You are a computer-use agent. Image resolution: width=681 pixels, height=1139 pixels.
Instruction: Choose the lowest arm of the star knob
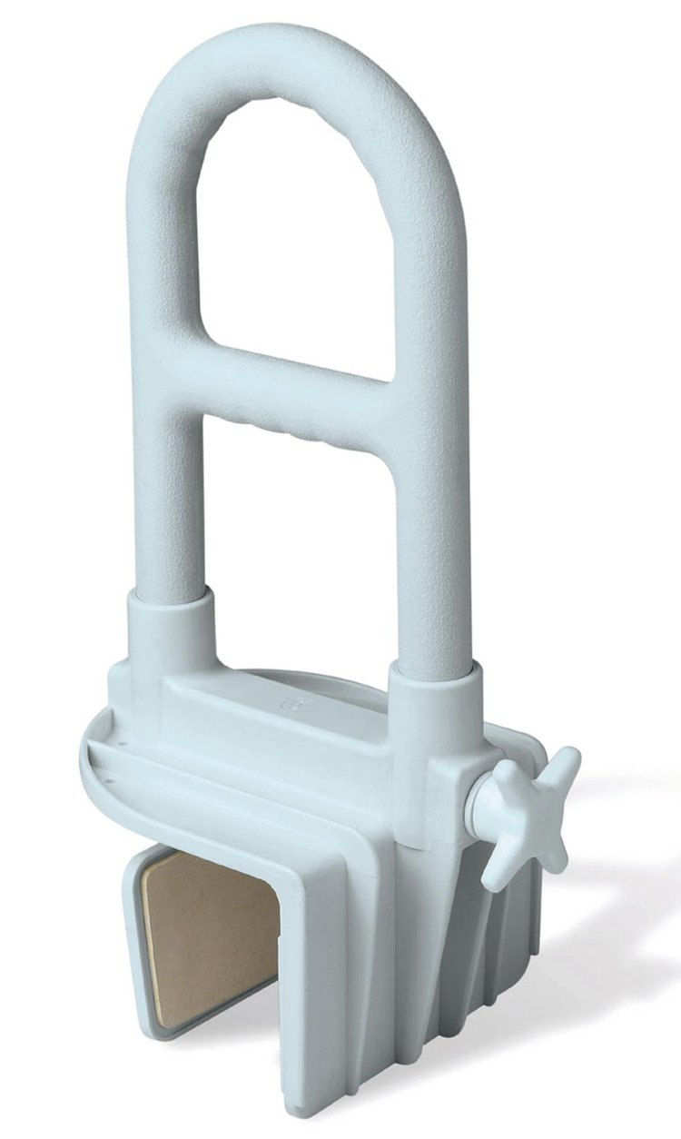498,867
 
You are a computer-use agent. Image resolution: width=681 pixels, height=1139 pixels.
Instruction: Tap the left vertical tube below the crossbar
169,509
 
